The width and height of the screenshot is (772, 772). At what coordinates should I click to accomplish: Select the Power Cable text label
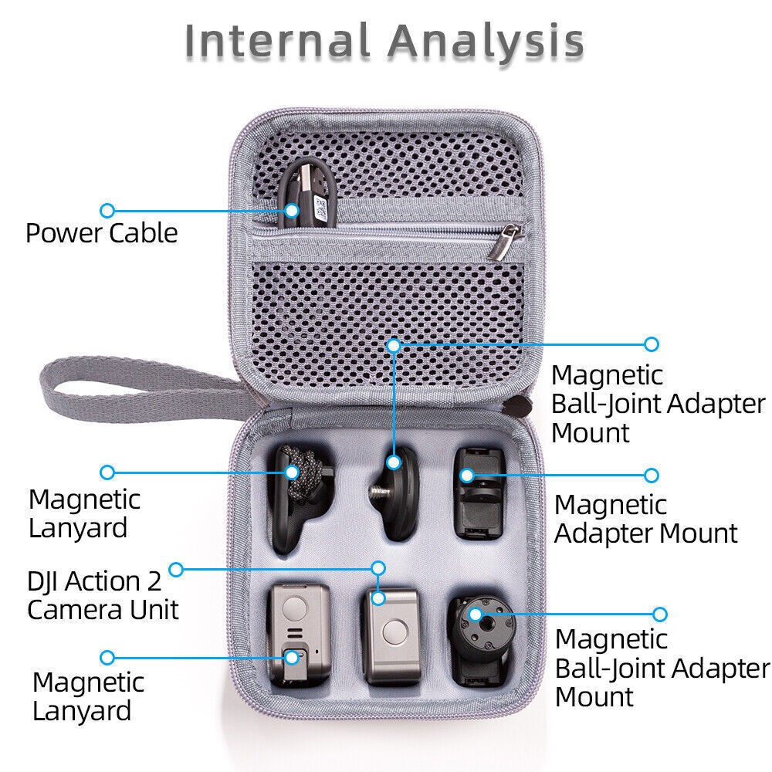pyautogui.click(x=101, y=233)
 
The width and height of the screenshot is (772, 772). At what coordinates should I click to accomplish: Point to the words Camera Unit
pyautogui.click(x=103, y=609)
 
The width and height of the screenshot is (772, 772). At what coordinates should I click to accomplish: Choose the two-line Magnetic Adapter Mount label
pyautogui.click(x=645, y=519)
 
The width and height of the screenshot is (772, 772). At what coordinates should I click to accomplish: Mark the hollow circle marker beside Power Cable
pyautogui.click(x=107, y=209)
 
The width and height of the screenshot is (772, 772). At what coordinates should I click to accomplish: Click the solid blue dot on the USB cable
pyautogui.click(x=292, y=209)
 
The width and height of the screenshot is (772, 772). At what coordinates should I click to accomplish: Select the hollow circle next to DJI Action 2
pyautogui.click(x=176, y=570)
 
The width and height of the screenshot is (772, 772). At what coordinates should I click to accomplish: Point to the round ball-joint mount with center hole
pyautogui.click(x=474, y=637)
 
